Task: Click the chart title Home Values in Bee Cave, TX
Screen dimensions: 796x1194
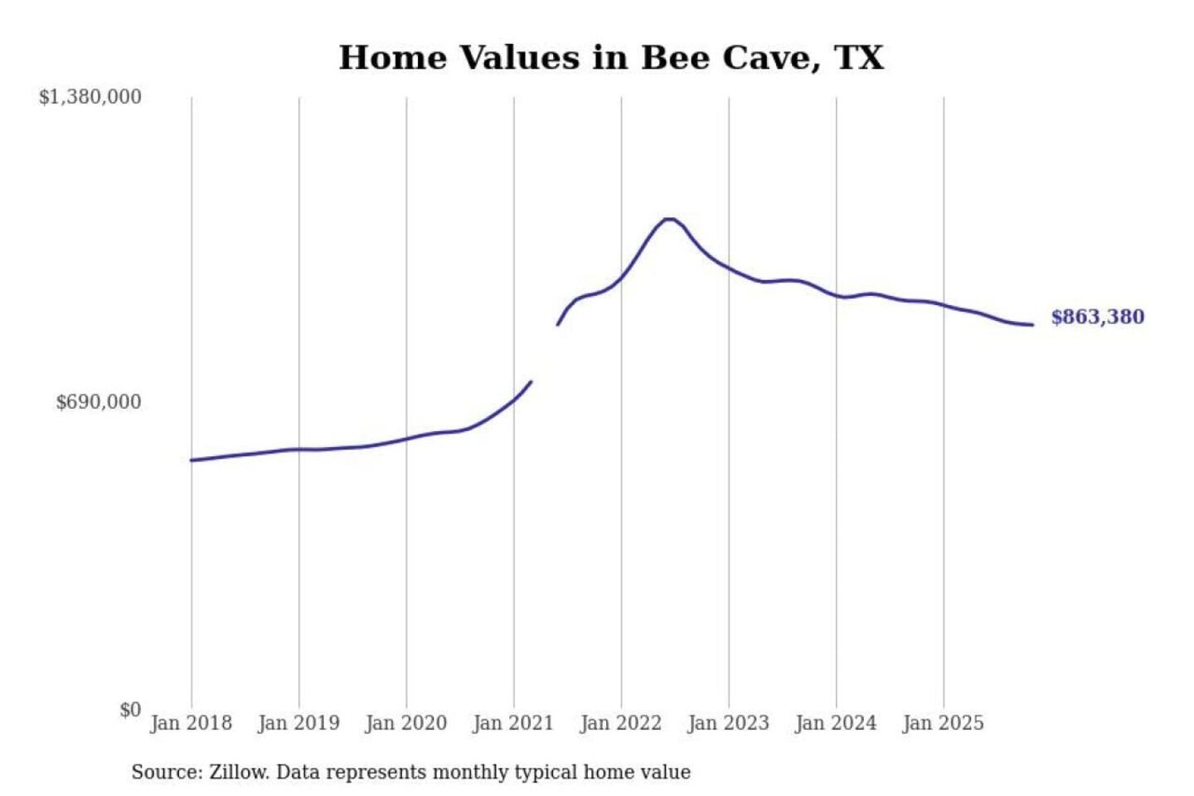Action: pyautogui.click(x=611, y=58)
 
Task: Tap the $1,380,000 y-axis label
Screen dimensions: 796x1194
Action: pyautogui.click(x=90, y=97)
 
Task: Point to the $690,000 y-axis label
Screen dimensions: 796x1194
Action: pyautogui.click(x=99, y=402)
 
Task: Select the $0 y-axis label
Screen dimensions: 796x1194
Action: pyautogui.click(x=130, y=710)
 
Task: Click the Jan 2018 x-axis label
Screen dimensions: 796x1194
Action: pyautogui.click(x=191, y=723)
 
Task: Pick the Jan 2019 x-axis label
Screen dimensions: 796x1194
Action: pyautogui.click(x=298, y=723)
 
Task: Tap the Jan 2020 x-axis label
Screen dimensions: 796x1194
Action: pyautogui.click(x=405, y=723)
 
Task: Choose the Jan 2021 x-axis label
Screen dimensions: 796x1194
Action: pyautogui.click(x=512, y=723)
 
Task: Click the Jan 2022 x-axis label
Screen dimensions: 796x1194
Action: pyautogui.click(x=620, y=723)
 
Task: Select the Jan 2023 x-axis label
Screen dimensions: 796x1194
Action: pyautogui.click(x=728, y=723)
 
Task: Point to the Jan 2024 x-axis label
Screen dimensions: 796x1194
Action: pyautogui.click(x=835, y=723)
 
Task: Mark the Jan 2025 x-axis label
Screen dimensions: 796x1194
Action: pyautogui.click(x=943, y=723)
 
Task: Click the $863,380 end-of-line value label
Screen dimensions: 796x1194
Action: pyautogui.click(x=1097, y=317)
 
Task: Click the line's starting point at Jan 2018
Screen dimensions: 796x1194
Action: pyautogui.click(x=192, y=460)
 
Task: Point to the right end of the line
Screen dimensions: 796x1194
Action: pyautogui.click(x=1032, y=325)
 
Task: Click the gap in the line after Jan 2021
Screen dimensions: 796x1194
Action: pyautogui.click(x=545, y=353)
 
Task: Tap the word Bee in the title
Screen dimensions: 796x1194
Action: pyautogui.click(x=674, y=58)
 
